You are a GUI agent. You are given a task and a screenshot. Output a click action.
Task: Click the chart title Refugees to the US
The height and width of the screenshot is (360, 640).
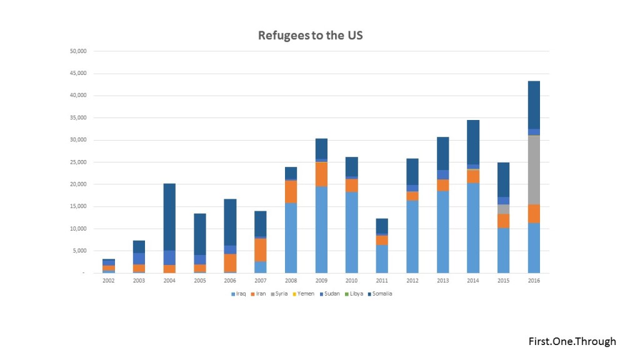point(310,35)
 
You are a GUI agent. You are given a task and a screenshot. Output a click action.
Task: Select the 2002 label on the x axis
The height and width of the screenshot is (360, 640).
point(108,281)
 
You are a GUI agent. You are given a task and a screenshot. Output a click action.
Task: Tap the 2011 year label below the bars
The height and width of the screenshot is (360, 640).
point(382,281)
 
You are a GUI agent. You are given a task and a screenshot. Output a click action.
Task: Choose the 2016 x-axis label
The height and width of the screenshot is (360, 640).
point(534,281)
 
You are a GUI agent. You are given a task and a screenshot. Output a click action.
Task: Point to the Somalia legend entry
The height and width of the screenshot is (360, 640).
point(382,294)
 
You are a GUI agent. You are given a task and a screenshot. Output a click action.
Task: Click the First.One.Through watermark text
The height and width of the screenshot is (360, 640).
point(572,341)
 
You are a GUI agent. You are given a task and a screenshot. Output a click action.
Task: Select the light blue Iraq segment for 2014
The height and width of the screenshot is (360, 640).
point(473,228)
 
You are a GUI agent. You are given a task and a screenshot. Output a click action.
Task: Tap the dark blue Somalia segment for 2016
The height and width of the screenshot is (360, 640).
point(534,105)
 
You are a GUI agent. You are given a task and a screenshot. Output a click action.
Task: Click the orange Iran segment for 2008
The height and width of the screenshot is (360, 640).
point(291,192)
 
